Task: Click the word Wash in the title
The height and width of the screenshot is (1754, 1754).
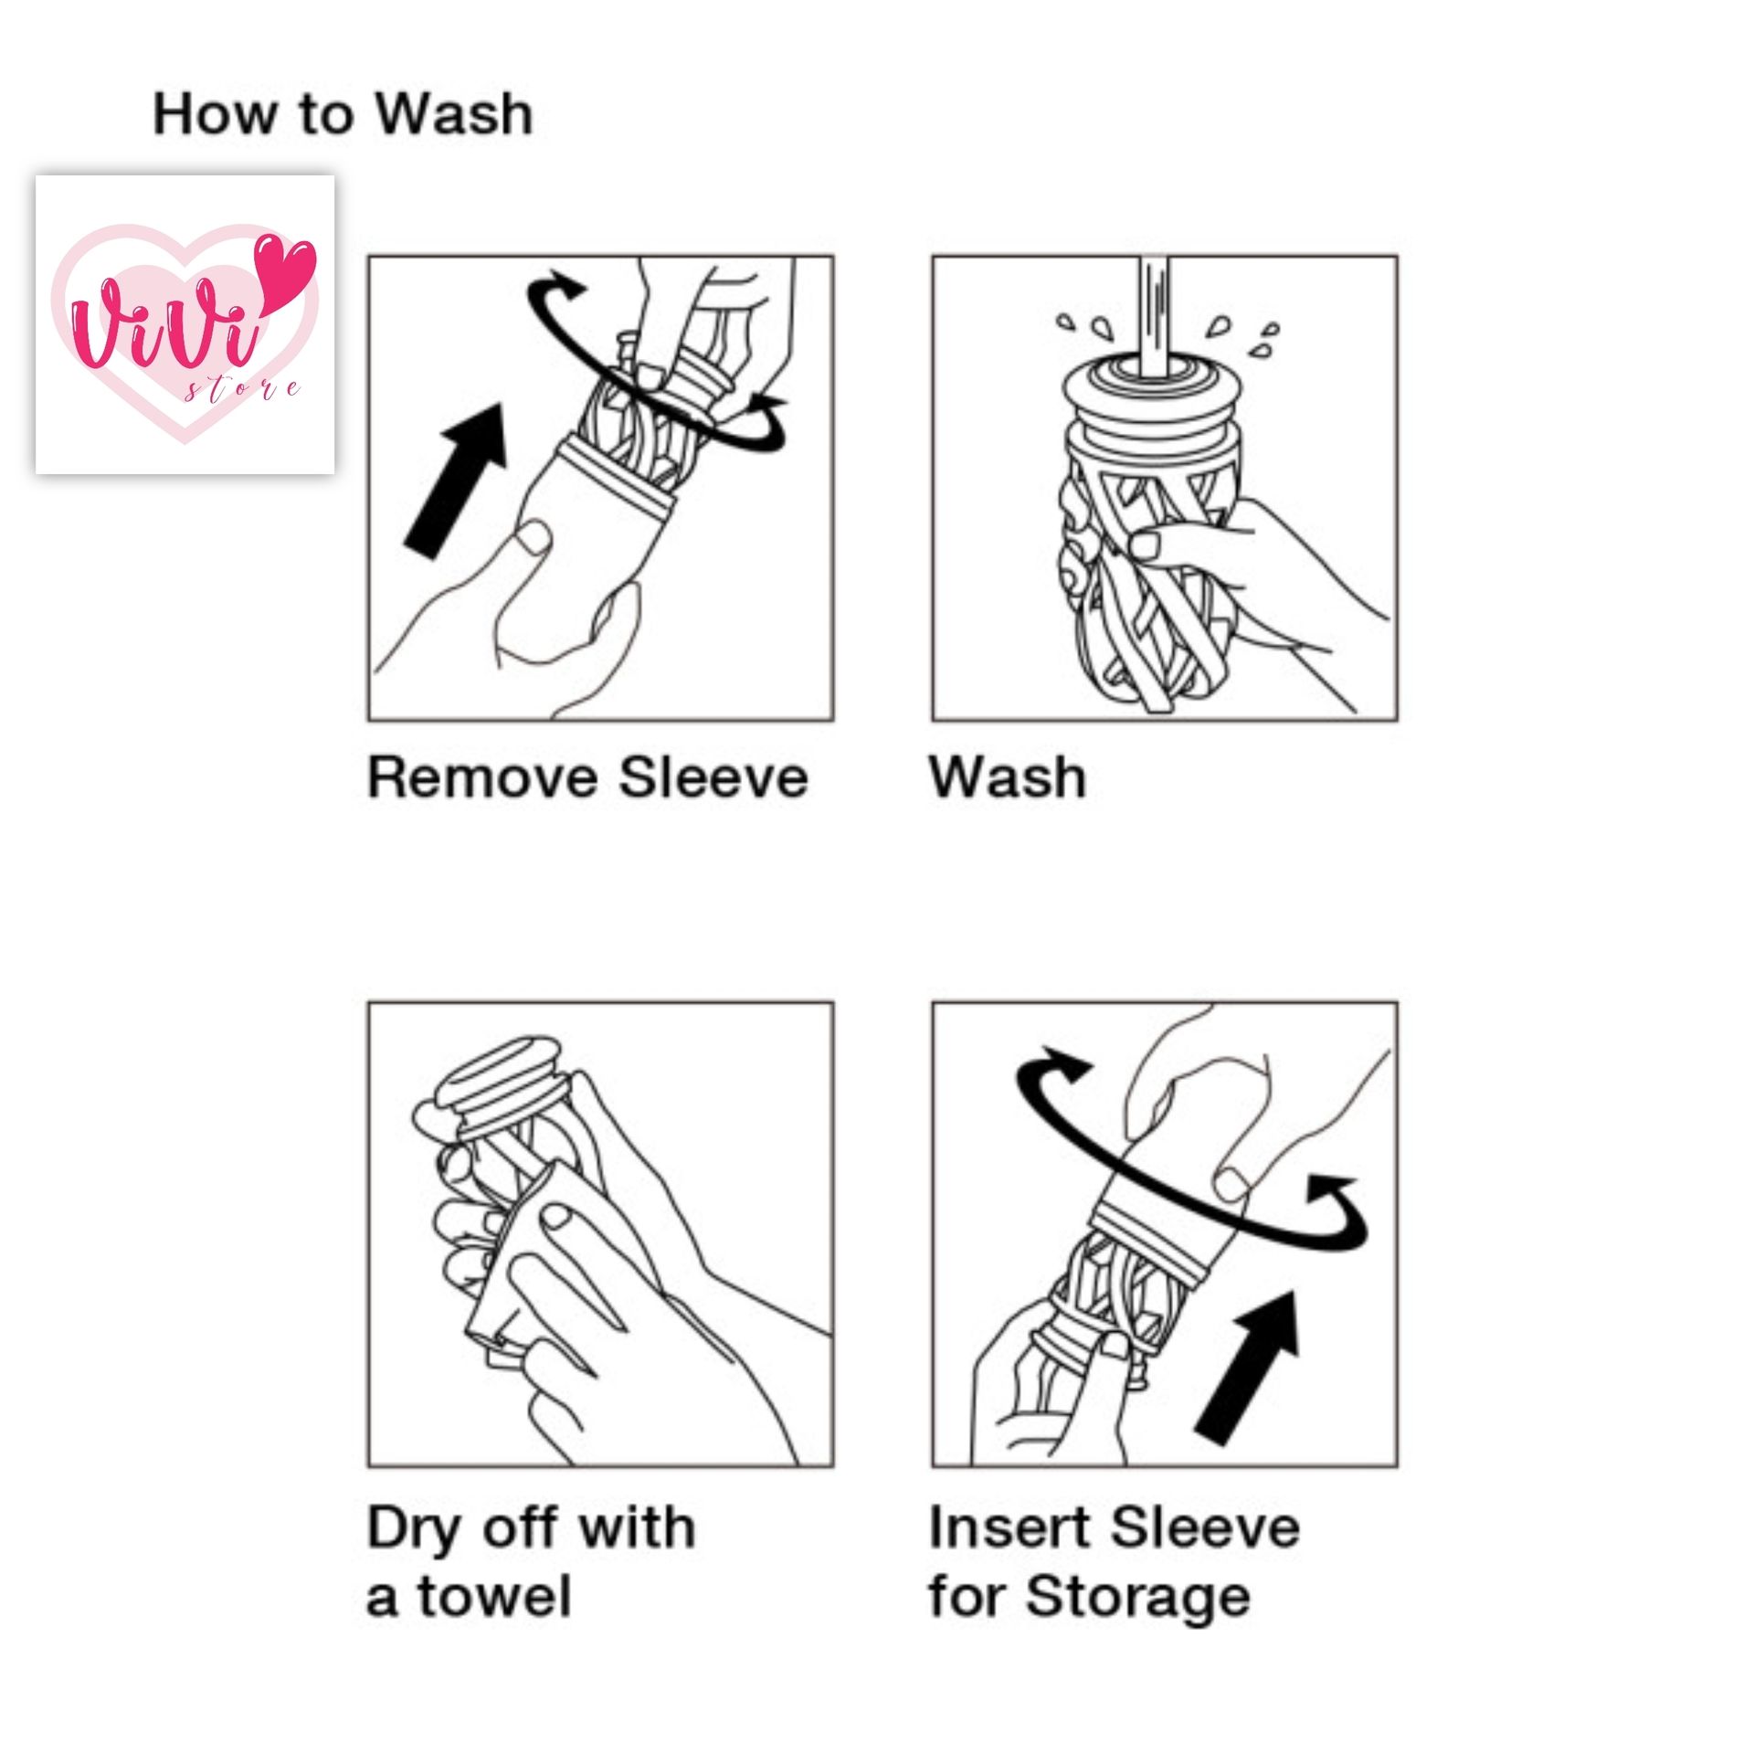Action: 454,115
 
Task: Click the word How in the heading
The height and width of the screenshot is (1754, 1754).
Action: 215,115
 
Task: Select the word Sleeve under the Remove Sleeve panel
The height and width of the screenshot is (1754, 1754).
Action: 713,778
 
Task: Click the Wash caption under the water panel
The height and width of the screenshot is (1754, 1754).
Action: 1008,778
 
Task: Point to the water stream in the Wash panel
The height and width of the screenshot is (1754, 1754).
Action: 1153,315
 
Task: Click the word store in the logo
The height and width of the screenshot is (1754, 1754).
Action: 242,391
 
